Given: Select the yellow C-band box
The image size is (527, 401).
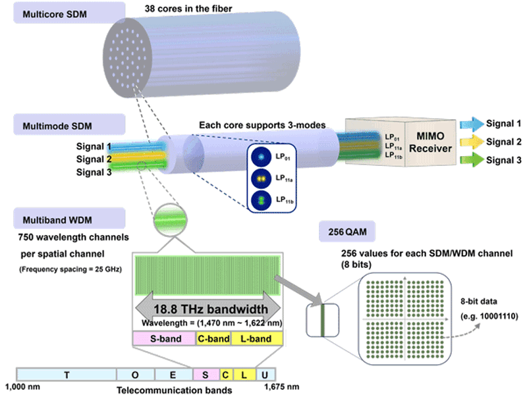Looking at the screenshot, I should pyautogui.click(x=213, y=339).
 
